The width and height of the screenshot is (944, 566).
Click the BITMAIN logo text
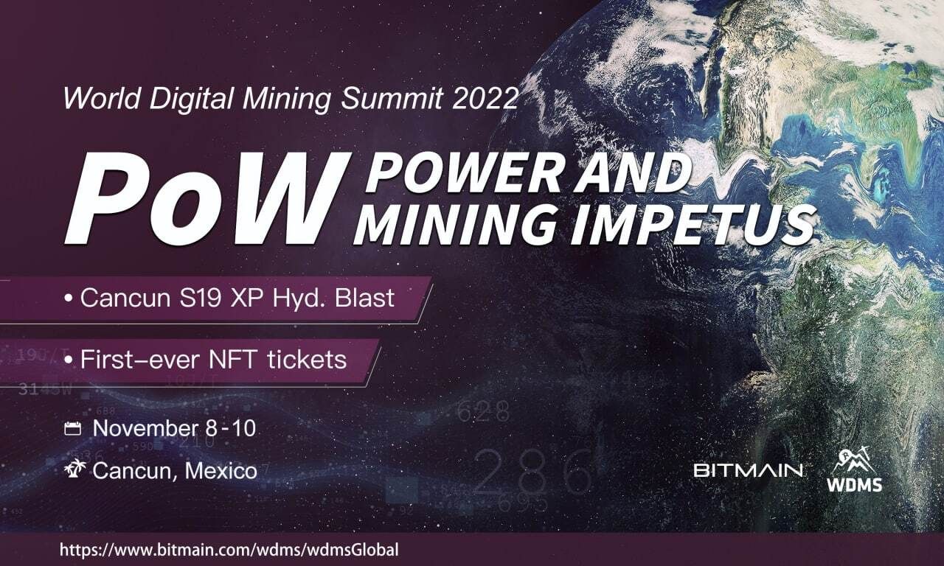click(747, 469)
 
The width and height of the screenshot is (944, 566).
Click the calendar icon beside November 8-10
click(72, 428)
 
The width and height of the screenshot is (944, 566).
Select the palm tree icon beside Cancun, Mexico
click(74, 468)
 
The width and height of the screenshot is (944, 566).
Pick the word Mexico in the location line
click(221, 469)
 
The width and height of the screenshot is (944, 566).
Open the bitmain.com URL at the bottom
click(229, 550)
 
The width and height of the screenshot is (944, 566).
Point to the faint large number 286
click(532, 472)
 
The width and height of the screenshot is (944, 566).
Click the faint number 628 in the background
click(483, 411)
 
